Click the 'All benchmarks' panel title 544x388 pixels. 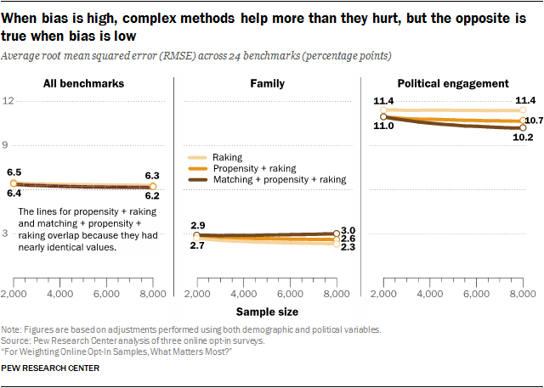point(83,84)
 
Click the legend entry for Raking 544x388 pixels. point(228,157)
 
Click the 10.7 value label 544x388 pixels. point(534,121)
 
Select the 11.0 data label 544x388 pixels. point(383,126)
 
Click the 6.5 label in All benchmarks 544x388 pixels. point(14,172)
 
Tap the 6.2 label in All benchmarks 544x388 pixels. point(152,194)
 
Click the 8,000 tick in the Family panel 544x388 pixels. point(337,294)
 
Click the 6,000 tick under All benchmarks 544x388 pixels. point(106,294)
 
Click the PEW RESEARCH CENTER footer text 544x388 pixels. point(51,368)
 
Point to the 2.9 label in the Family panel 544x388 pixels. point(197,225)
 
